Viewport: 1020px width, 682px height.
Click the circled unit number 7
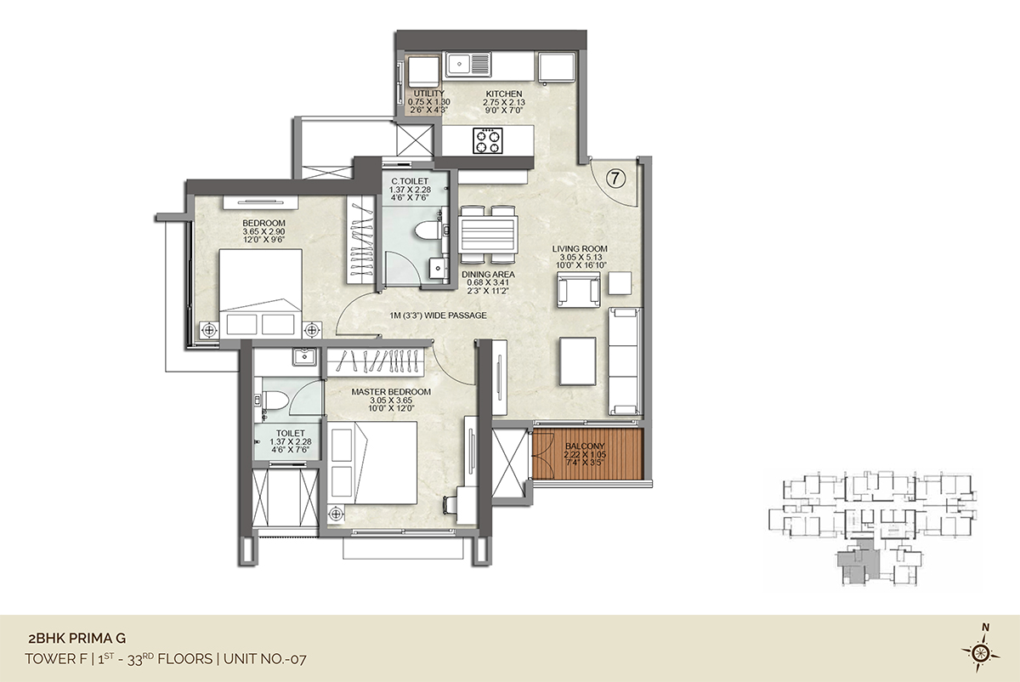pos(615,179)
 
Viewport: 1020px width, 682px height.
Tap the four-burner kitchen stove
pos(488,140)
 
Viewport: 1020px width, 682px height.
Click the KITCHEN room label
pos(503,94)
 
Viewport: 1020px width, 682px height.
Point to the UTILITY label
pos(429,94)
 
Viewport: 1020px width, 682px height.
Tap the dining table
pos(488,235)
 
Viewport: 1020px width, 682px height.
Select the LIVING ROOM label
pos(580,249)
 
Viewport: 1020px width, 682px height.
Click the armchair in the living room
pos(578,290)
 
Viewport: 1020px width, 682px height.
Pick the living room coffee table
pos(578,361)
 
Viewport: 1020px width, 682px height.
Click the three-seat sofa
pos(625,361)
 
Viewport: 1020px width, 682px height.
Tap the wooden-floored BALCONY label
pos(585,446)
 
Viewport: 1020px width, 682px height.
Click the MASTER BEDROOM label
pos(391,392)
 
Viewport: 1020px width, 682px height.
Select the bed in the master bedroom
pos(372,463)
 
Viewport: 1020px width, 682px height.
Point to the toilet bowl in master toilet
pos(275,401)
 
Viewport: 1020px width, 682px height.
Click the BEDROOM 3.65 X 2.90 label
pos(263,231)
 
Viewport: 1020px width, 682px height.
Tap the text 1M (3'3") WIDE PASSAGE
pos(438,315)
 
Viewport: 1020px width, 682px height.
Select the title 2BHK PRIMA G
pos(77,639)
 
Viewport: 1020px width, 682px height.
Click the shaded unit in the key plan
pos(855,562)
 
